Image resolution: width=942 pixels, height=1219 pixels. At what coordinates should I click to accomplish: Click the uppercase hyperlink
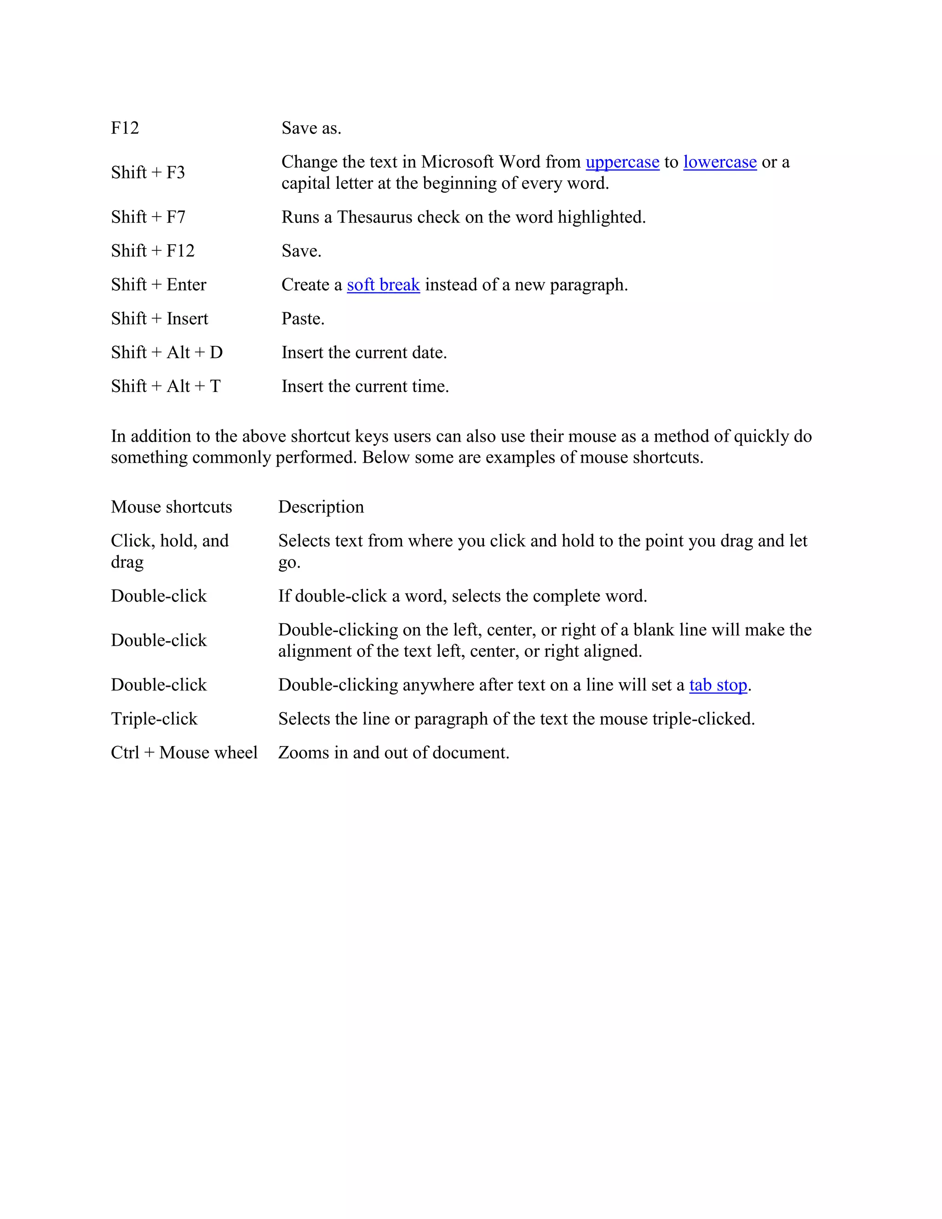coord(622,162)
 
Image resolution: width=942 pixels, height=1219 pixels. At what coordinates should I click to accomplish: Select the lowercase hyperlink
coord(719,162)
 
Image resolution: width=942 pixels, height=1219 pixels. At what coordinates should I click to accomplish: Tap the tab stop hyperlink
coord(718,685)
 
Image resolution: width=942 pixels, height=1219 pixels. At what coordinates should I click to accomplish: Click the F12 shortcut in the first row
coord(125,128)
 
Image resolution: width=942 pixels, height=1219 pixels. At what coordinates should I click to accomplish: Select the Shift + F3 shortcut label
coord(148,172)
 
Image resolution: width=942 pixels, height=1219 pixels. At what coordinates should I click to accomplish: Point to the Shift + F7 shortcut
coord(148,217)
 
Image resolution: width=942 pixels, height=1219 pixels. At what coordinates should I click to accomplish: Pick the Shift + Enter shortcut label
coord(159,285)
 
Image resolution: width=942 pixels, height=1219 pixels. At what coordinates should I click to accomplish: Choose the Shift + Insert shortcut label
coord(159,319)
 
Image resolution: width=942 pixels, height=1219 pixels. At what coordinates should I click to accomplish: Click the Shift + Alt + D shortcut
coord(167,353)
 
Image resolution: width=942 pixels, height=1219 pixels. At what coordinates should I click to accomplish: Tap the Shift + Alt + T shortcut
coord(166,386)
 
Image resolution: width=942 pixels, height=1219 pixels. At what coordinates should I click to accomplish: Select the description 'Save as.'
coord(311,128)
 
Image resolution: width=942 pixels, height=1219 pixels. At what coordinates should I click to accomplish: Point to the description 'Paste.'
coord(303,319)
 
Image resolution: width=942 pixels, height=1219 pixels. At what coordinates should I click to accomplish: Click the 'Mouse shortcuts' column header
coord(171,507)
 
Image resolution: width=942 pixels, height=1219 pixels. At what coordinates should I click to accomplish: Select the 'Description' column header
coord(321,507)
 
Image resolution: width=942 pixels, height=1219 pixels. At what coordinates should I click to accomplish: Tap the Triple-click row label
coord(154,719)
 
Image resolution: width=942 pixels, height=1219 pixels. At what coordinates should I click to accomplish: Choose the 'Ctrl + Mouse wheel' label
coord(184,753)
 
